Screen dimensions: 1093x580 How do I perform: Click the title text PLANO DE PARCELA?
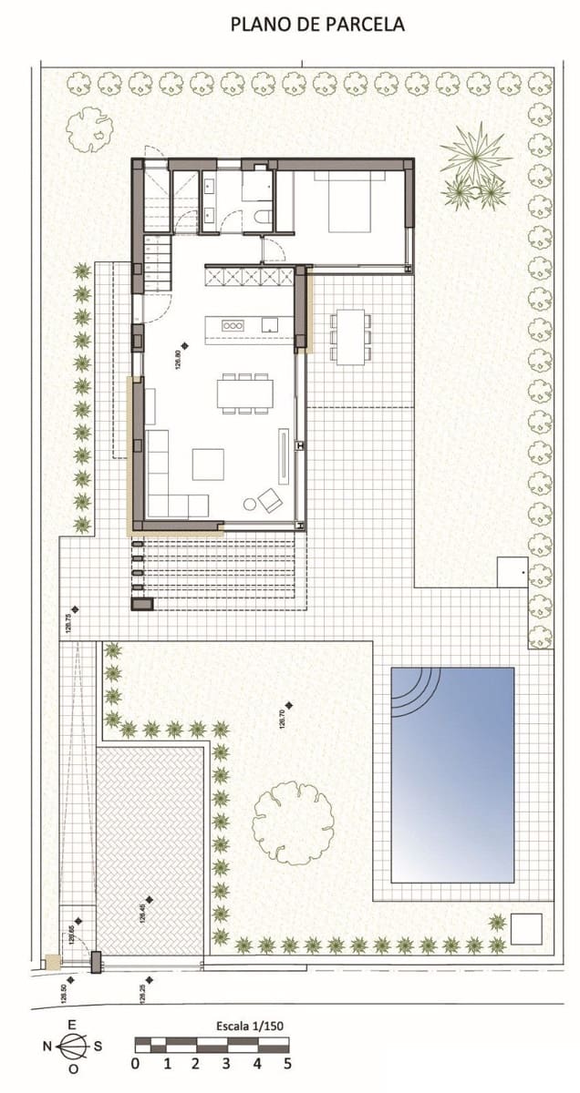pyautogui.click(x=316, y=25)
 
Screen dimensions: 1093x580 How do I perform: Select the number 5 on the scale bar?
pyautogui.click(x=287, y=1063)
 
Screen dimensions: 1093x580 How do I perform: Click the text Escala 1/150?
pyautogui.click(x=251, y=1026)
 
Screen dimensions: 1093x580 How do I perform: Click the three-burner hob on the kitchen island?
pyautogui.click(x=233, y=325)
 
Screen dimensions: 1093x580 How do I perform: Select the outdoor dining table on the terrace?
pyautogui.click(x=350, y=336)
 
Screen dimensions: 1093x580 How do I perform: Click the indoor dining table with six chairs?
pyautogui.click(x=244, y=393)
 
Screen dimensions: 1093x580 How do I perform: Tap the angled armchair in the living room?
pyautogui.click(x=271, y=499)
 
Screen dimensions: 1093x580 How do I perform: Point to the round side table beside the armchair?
pyautogui.click(x=249, y=504)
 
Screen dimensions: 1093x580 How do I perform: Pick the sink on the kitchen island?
pyautogui.click(x=269, y=324)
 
